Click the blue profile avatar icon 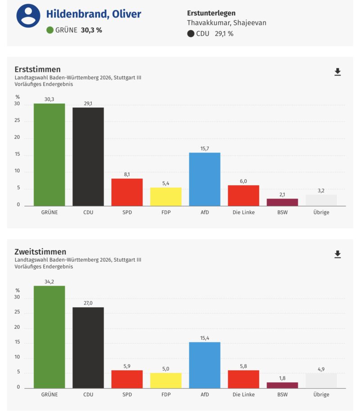(x=28, y=16)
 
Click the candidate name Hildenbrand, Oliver (x=94, y=14)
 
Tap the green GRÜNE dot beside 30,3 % (x=50, y=31)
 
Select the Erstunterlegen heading (x=211, y=13)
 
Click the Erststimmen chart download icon (x=337, y=72)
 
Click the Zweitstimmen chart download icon (x=337, y=254)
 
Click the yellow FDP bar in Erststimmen (x=166, y=196)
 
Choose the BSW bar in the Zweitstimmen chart (x=282, y=385)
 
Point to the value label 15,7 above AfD (x=205, y=149)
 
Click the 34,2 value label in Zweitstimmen (x=49, y=281)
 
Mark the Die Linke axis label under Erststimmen (x=243, y=212)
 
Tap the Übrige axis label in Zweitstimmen (x=321, y=395)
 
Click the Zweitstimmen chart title (x=40, y=252)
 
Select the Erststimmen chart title (x=37, y=69)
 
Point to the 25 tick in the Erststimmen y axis (x=18, y=121)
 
